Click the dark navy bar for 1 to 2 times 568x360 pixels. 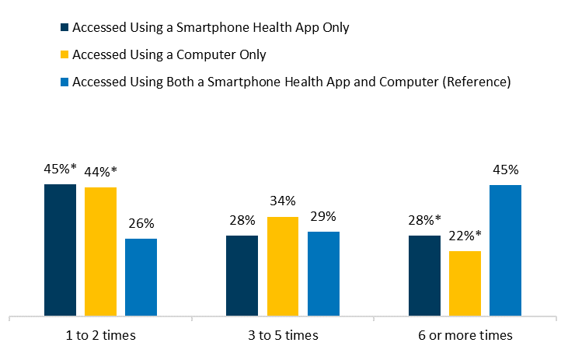(x=60, y=250)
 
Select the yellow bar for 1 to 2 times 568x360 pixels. (x=100, y=252)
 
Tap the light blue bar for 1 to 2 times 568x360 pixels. (x=141, y=278)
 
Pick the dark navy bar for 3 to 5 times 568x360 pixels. (x=242, y=276)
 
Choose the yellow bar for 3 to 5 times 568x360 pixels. (x=282, y=267)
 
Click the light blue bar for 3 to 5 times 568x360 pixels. (x=323, y=274)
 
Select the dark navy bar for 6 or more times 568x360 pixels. (x=424, y=276)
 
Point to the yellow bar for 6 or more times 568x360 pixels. (x=465, y=284)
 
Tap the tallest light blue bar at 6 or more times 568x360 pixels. (x=505, y=250)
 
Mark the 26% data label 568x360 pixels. (x=141, y=224)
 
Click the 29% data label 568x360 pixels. (x=323, y=217)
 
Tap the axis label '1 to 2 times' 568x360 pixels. (x=101, y=336)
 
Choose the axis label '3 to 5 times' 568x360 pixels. (x=283, y=336)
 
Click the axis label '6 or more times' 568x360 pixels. (x=465, y=336)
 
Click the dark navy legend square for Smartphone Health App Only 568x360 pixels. (x=64, y=28)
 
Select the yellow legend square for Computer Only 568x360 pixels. (x=64, y=55)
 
